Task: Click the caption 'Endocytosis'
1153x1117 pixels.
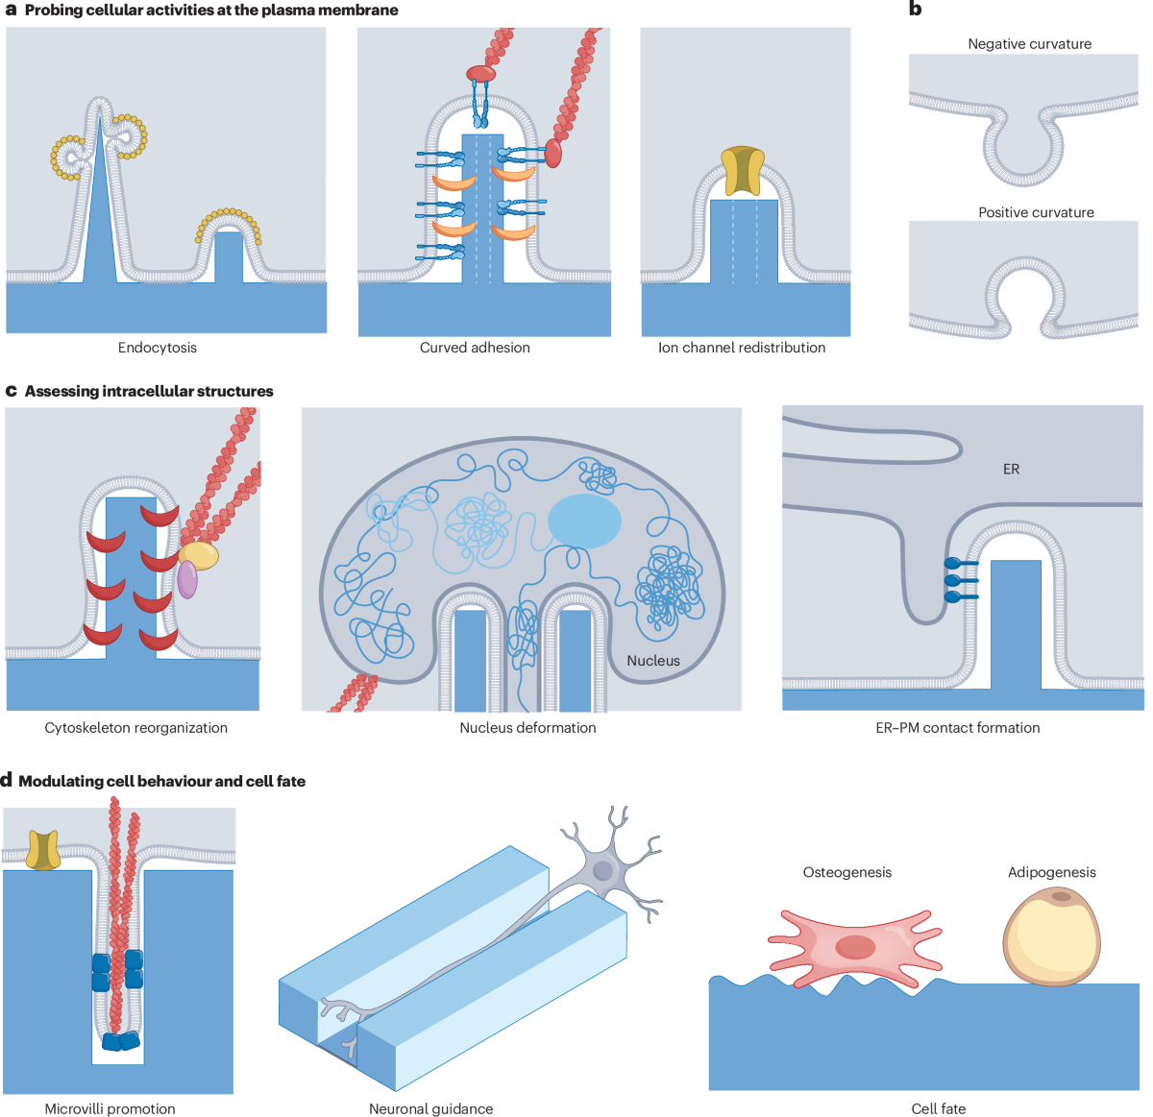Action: click(157, 348)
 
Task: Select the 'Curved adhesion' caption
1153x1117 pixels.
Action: click(475, 348)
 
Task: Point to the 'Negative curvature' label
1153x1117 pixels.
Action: click(1029, 44)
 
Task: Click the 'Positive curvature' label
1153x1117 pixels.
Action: click(1036, 212)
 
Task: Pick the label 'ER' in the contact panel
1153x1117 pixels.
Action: click(1011, 469)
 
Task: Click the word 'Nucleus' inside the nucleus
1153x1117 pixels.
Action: click(653, 661)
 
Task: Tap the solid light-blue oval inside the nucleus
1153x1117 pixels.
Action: click(584, 521)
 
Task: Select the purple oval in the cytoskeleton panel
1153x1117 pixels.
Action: click(187, 579)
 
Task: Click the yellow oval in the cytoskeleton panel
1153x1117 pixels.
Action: click(199, 555)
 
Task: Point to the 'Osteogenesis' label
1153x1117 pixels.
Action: click(846, 872)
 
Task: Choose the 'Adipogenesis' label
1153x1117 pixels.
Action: click(1051, 872)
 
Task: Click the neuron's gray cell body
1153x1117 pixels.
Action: click(604, 870)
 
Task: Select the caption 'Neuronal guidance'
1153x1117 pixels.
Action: click(430, 1108)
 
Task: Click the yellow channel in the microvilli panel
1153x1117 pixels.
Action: click(42, 850)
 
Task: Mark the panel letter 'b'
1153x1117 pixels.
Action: click(915, 10)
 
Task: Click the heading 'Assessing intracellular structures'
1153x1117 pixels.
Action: click(149, 391)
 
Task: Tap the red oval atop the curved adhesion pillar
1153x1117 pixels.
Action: click(482, 73)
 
